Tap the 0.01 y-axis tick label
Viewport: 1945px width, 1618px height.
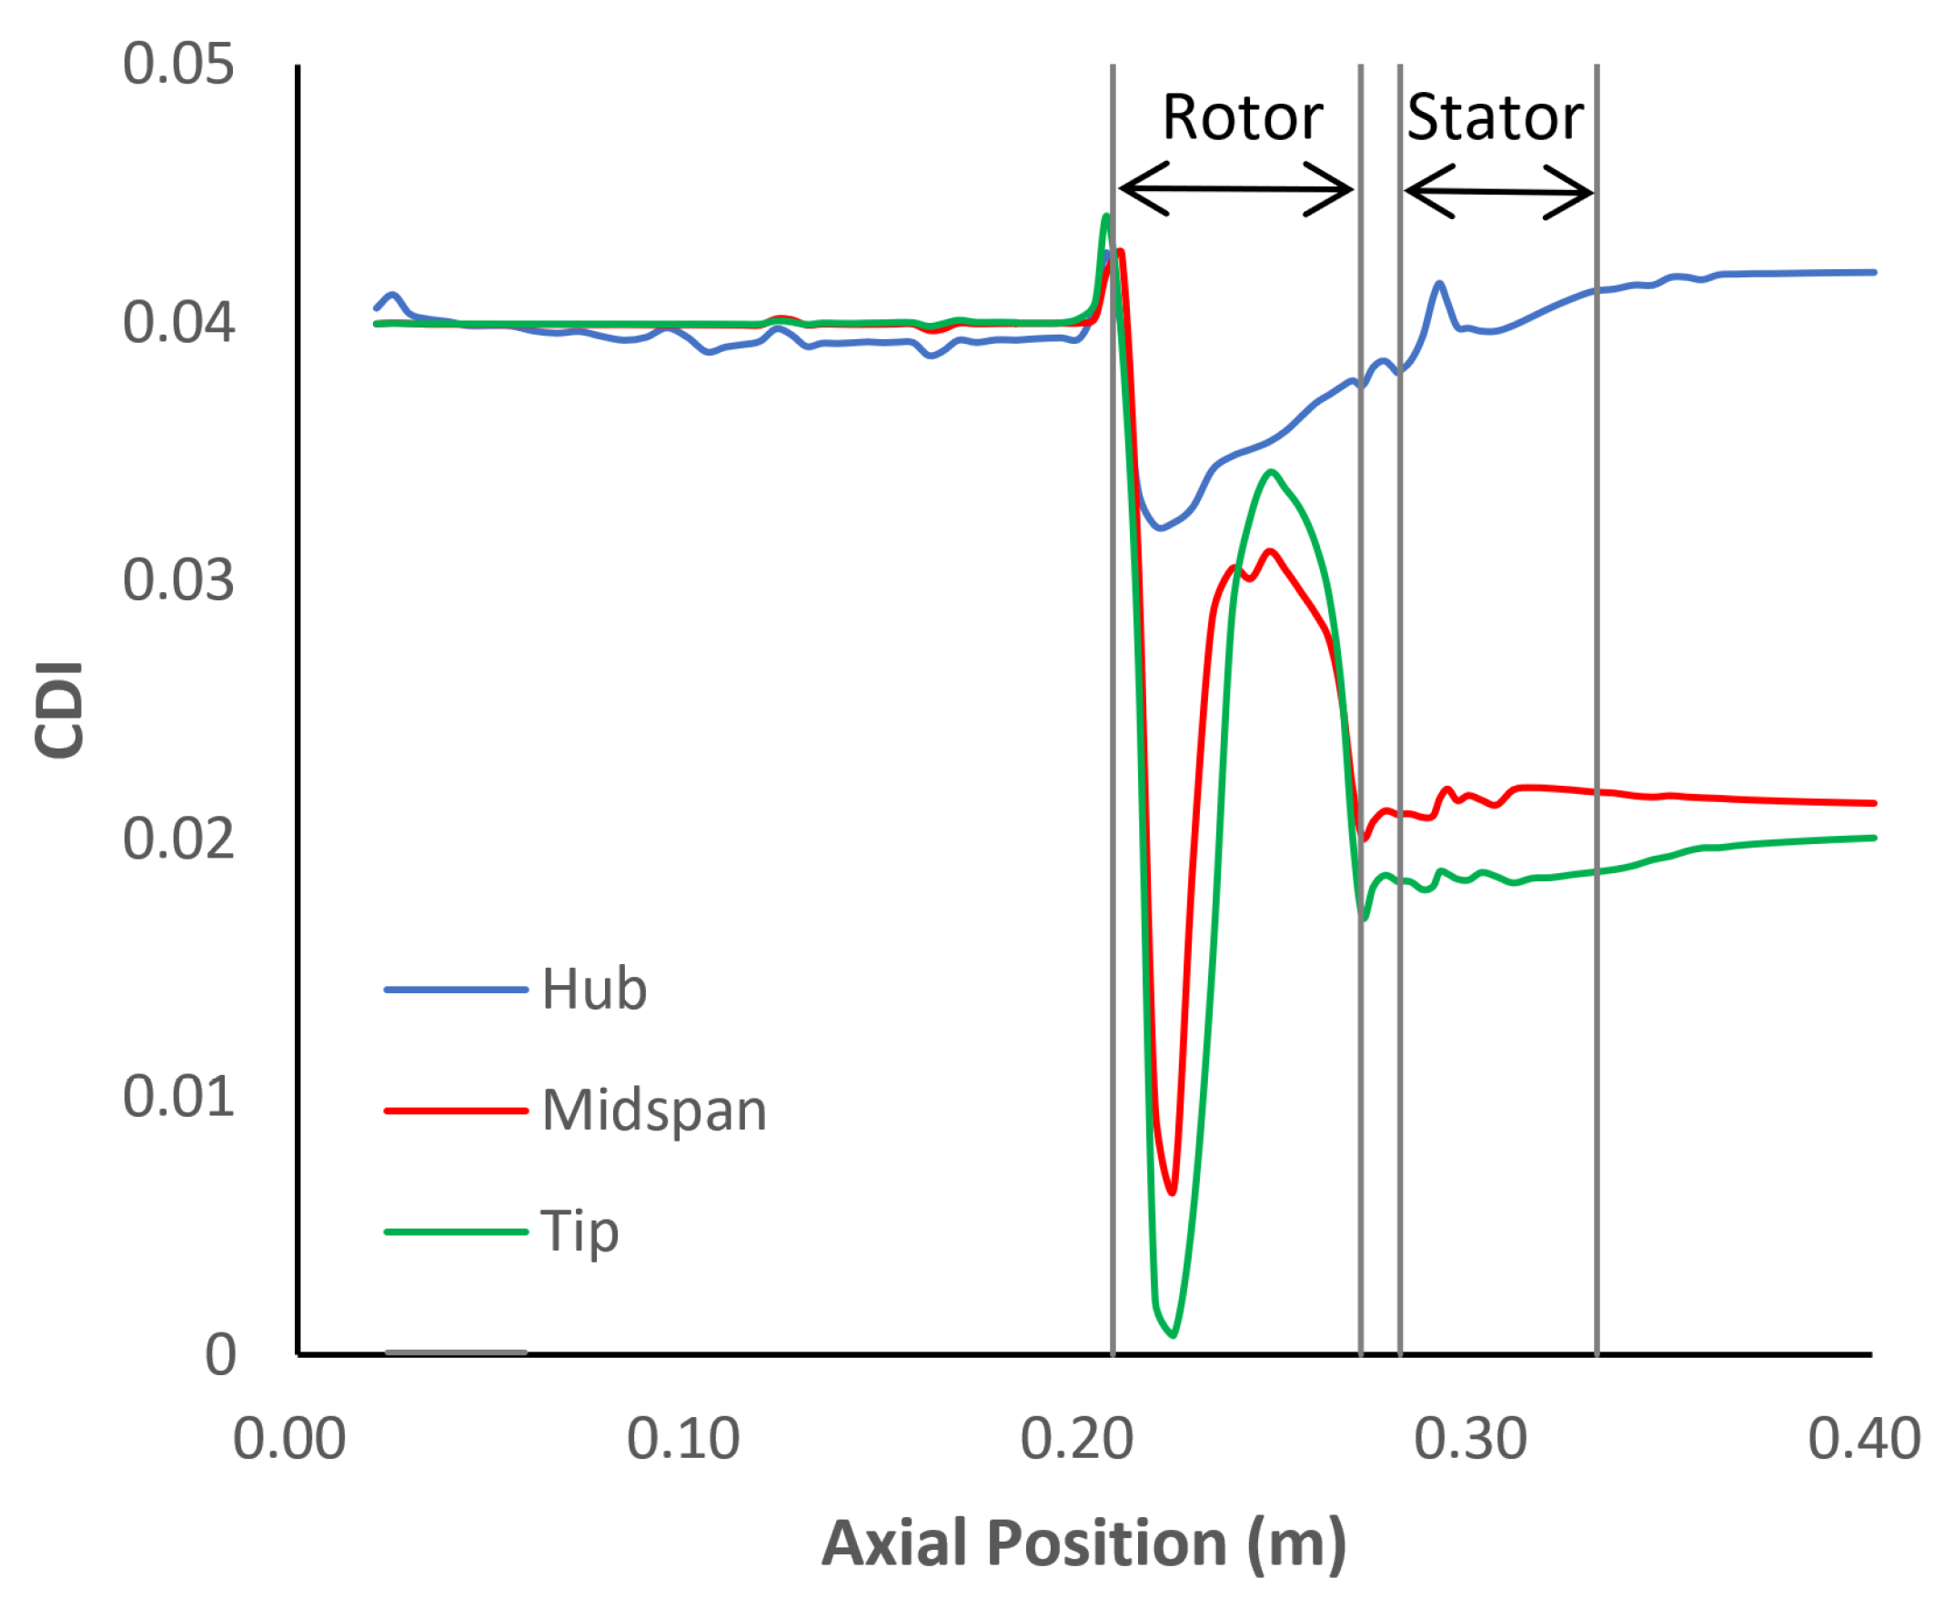[177, 1097]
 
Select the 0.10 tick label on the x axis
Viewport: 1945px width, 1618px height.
[682, 1439]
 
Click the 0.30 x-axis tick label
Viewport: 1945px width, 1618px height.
[1470, 1439]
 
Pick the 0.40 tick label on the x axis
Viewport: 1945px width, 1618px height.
[1863, 1439]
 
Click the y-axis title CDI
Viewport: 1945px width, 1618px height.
[59, 710]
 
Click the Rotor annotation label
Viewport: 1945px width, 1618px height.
[1242, 118]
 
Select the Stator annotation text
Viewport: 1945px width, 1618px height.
[1495, 118]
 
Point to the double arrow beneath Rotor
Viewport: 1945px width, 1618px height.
[1236, 189]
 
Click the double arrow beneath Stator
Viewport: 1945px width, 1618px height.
[1498, 192]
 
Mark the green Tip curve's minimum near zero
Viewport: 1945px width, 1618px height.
[1174, 1334]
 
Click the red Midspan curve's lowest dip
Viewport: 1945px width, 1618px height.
[1173, 1193]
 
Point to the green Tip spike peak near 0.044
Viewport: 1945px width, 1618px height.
[1106, 216]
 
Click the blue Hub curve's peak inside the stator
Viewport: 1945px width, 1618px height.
[1439, 284]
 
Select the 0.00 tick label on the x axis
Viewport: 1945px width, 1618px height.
[289, 1439]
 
